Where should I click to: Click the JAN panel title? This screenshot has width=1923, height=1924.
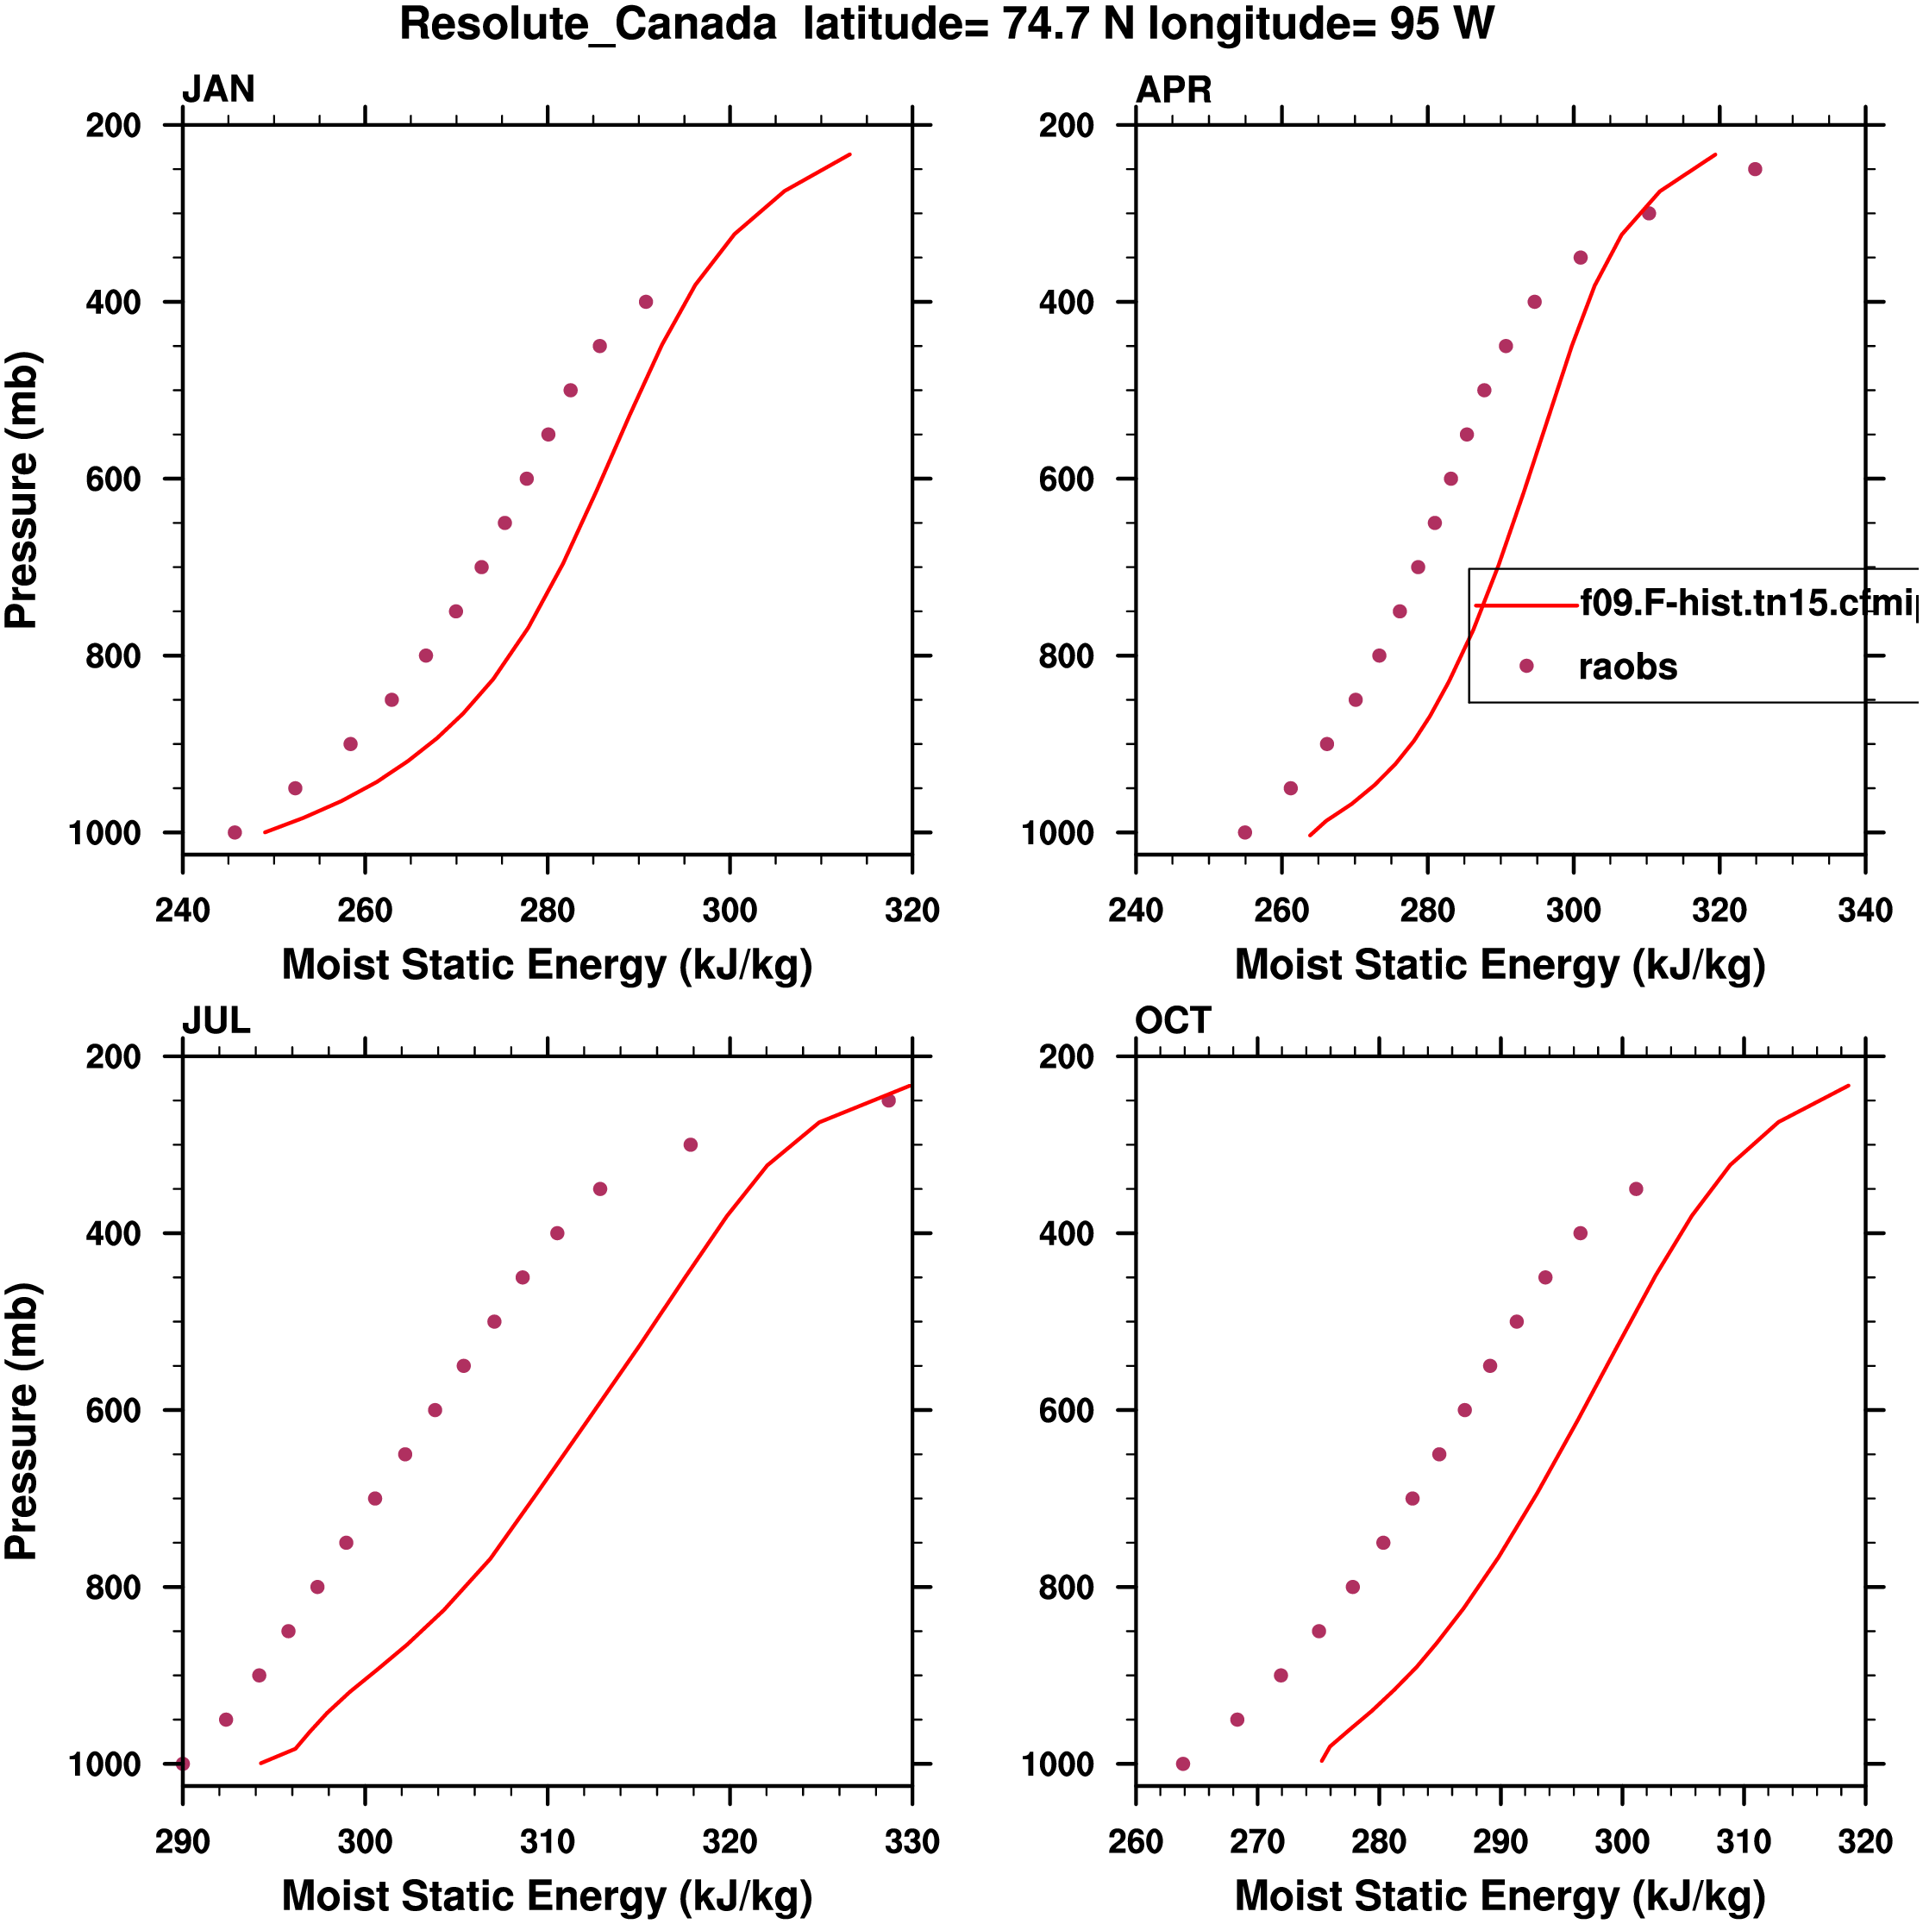[x=218, y=90]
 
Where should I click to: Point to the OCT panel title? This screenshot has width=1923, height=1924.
[x=1172, y=1021]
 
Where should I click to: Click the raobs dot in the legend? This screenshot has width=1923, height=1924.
[x=1525, y=665]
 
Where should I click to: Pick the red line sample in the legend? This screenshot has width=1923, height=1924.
[x=1525, y=605]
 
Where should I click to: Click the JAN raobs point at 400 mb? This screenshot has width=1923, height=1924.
[x=645, y=302]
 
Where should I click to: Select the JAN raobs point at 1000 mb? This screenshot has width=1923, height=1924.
[x=234, y=832]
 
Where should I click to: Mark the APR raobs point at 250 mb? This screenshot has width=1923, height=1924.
[x=1755, y=169]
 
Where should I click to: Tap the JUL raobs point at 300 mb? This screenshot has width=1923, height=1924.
[x=690, y=1145]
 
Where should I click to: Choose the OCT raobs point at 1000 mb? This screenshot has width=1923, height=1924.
[x=1182, y=1764]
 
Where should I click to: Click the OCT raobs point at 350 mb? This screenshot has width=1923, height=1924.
[x=1636, y=1189]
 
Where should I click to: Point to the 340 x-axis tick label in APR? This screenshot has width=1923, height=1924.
[x=1864, y=910]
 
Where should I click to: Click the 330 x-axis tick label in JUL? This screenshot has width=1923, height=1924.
[x=911, y=1841]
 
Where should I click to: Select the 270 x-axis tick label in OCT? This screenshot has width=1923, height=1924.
[x=1256, y=1841]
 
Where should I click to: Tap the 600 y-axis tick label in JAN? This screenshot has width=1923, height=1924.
[x=112, y=479]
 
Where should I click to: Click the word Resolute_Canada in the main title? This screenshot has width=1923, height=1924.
[x=587, y=24]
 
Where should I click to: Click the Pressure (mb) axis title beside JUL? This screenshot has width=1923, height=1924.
[x=22, y=1421]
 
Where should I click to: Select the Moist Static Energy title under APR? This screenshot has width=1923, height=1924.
[x=1500, y=965]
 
